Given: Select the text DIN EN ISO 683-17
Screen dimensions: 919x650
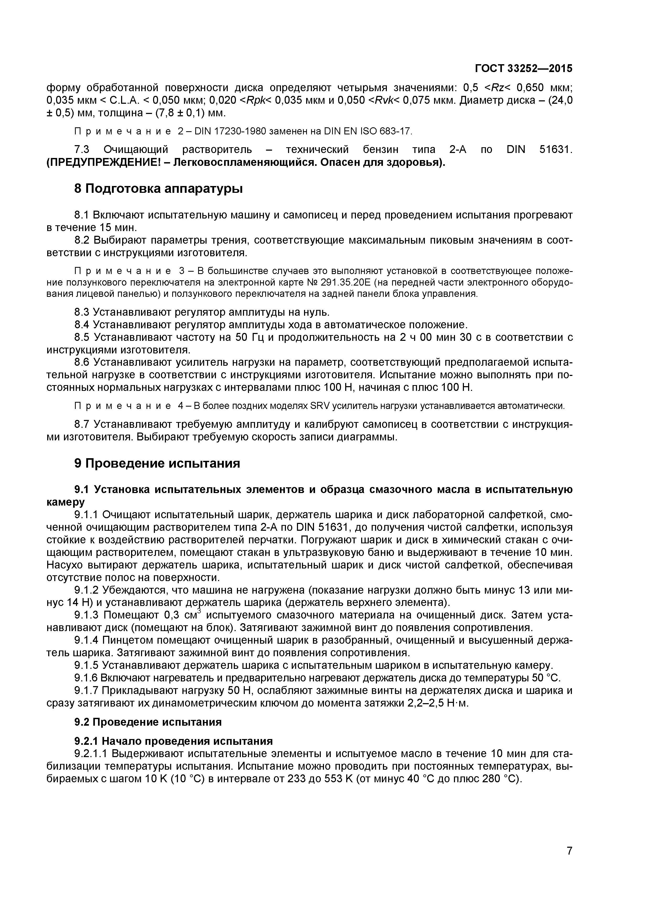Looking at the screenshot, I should click(367, 131).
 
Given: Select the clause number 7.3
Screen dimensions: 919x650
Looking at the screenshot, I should click(81, 150).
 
